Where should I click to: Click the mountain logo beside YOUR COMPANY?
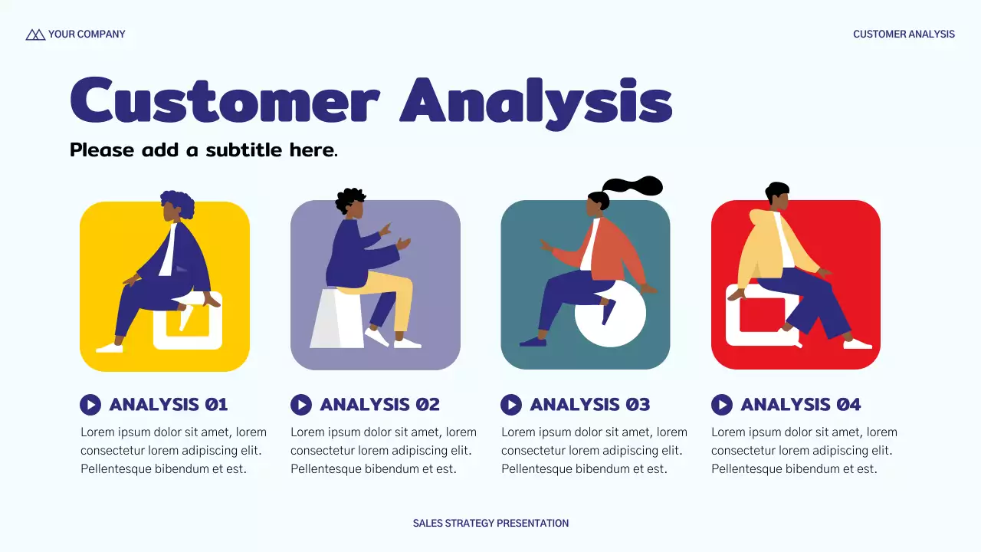pos(35,34)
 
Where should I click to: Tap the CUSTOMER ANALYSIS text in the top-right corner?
pos(904,34)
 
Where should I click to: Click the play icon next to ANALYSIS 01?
pos(90,404)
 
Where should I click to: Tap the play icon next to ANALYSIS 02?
pos(301,404)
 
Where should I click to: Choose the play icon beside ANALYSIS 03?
pos(511,404)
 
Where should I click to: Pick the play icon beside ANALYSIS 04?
pos(722,404)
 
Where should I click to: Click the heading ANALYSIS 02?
pos(379,404)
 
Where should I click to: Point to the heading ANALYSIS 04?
pos(800,404)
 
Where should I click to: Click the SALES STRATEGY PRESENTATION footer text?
pos(490,524)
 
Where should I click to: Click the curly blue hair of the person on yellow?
pos(180,203)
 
